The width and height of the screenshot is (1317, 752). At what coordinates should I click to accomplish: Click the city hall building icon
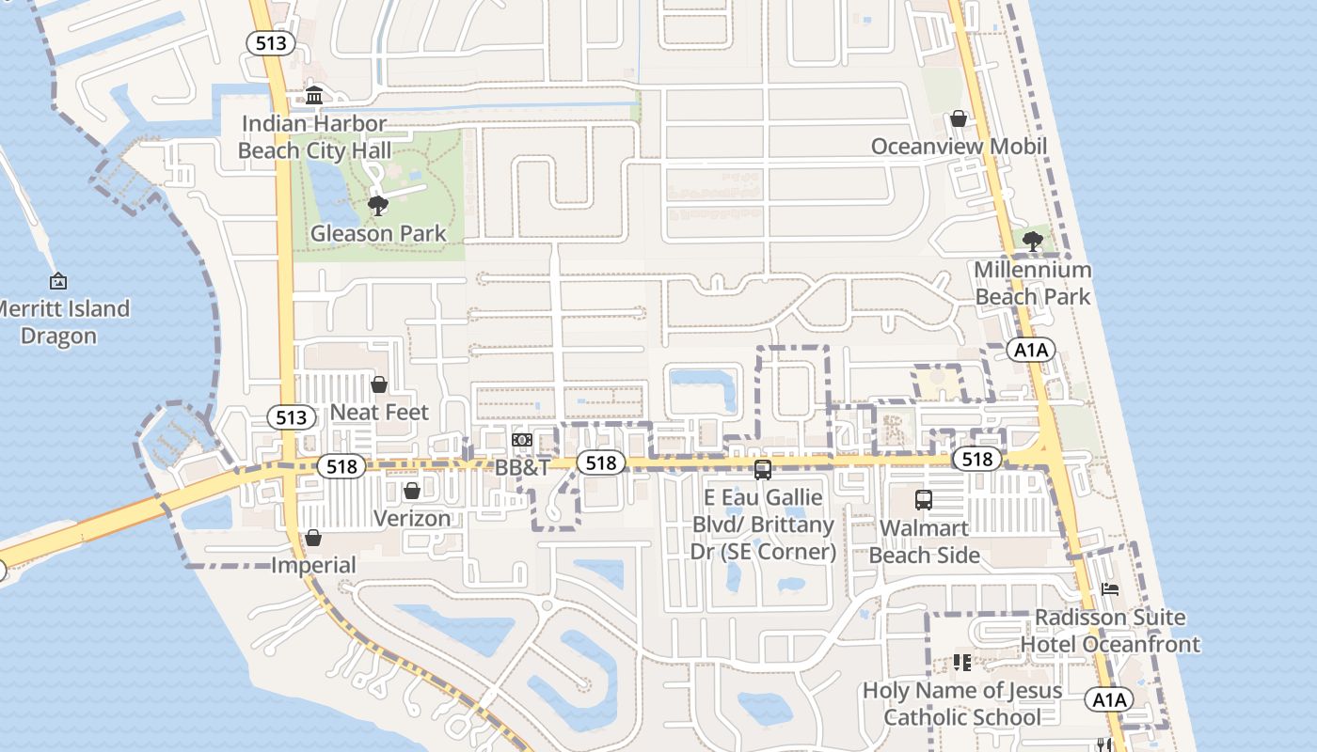coord(314,96)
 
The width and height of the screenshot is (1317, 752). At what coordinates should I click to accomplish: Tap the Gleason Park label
coord(378,233)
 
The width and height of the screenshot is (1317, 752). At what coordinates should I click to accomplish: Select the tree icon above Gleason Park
coord(378,205)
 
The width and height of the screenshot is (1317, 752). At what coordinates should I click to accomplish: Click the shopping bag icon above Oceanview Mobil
coord(959,118)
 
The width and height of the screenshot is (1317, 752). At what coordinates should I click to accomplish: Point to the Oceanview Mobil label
coord(959,147)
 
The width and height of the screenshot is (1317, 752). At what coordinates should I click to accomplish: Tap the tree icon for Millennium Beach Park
coord(1032,241)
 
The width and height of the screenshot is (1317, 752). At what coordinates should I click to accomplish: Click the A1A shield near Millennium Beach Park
coord(1031,351)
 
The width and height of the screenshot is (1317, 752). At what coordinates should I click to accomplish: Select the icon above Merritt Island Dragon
coord(58,280)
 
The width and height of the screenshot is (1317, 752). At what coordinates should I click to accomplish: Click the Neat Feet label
coord(379,412)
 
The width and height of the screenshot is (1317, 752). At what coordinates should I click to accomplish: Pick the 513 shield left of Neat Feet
coord(291,417)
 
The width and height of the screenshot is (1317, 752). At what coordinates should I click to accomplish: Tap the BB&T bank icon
coord(522,440)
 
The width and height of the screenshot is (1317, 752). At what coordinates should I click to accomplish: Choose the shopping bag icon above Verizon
coord(411,491)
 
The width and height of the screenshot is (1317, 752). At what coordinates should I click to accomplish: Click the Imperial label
coord(313,566)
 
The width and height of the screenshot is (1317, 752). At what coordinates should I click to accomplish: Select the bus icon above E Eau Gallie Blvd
coord(763,469)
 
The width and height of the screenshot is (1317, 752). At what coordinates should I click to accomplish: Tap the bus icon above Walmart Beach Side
coord(924,500)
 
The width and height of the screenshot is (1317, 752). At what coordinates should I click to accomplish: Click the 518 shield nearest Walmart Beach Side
coord(976,459)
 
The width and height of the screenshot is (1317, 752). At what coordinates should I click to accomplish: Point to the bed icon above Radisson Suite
coord(1110,589)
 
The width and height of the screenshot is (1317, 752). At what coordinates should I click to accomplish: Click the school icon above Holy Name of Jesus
coord(961,663)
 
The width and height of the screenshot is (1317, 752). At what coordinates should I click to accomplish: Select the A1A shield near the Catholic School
coord(1109,699)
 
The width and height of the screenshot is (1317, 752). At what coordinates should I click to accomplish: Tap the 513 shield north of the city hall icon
coord(271,43)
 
